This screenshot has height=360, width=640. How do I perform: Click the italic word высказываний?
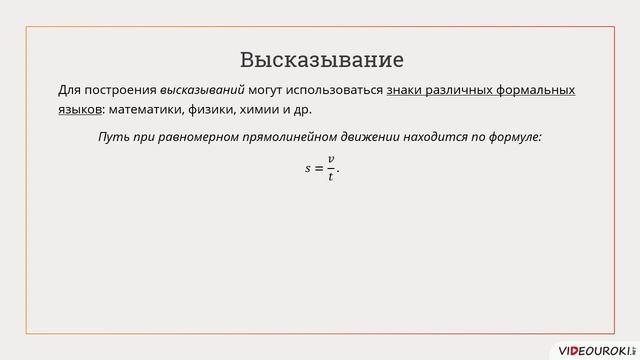coord(203,90)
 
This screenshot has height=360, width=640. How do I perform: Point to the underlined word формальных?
coord(537,90)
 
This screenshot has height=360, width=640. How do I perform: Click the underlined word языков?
coord(79,109)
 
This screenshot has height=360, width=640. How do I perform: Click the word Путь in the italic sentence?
coord(112,136)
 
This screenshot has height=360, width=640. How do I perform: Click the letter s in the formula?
coord(308,169)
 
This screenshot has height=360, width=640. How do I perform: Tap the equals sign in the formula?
coord(319,169)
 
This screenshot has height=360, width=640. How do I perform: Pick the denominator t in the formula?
coord(331,177)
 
